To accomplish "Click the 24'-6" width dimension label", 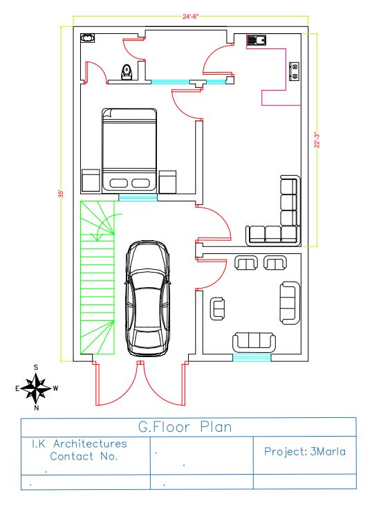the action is point(191,17).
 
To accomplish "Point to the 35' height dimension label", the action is point(61,194).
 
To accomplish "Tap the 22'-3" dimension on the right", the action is point(317,140).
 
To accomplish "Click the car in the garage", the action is point(147,298).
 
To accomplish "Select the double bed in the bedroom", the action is point(129,150).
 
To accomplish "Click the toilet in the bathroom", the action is point(127,72).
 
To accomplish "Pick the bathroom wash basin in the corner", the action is point(88,38).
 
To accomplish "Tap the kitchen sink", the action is point(257,40).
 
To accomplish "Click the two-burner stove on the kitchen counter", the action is point(294,71).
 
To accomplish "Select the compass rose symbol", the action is point(36,388).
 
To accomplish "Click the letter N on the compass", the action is point(37,408).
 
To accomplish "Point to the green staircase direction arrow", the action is point(106,226).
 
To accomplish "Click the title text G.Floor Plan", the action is point(185,427).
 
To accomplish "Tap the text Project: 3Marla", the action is point(305,451).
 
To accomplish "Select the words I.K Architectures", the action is point(80,444).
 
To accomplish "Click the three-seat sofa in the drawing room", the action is point(254,343).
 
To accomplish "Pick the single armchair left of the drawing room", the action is point(217,309).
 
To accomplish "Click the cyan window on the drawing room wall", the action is point(252,358).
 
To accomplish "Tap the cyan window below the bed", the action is point(138,198).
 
